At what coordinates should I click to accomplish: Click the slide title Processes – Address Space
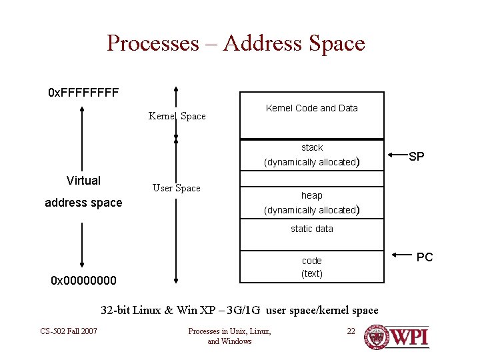coord(236,43)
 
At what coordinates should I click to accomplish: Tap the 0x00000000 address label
coord(83,281)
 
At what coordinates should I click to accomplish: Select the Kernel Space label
coord(177,116)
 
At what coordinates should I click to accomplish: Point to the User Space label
coord(176,188)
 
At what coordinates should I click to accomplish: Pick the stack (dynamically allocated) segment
coord(312,155)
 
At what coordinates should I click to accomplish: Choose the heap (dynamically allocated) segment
coord(312,202)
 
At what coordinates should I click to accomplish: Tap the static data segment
coord(312,229)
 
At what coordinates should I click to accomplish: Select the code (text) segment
coord(312,267)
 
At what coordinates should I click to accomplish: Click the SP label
coord(417,157)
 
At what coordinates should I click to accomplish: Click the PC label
coord(425,257)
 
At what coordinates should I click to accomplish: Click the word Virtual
coord(84,181)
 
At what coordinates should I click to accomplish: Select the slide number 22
coord(351,331)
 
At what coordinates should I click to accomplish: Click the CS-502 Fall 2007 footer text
coord(69,331)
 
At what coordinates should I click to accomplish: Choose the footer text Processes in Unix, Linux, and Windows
coord(229,336)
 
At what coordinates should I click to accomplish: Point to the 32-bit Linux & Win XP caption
coord(239,310)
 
